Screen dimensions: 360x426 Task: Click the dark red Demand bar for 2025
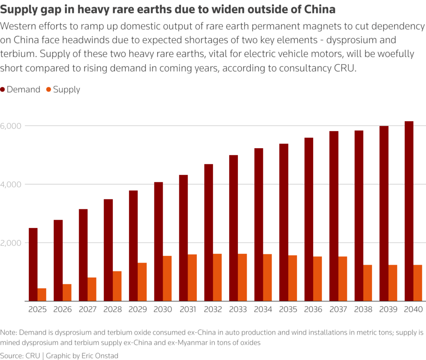(x=33, y=264)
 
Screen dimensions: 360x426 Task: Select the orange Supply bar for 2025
(x=42, y=294)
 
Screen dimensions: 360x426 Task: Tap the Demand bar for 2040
(x=409, y=211)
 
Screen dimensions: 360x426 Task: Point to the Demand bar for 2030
(x=159, y=241)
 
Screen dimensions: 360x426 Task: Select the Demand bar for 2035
(x=284, y=222)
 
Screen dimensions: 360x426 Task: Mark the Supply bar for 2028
(x=117, y=286)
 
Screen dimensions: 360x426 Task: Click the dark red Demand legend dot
(x=3, y=89)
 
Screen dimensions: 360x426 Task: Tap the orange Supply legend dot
(x=48, y=89)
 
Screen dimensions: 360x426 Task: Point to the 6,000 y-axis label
(x=12, y=126)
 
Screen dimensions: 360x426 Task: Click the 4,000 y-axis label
(x=12, y=184)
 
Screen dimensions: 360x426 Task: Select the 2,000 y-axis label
(x=12, y=243)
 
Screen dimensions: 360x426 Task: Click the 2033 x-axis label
(x=238, y=310)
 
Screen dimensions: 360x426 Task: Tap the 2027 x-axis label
(x=88, y=310)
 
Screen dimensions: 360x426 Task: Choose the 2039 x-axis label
(x=389, y=310)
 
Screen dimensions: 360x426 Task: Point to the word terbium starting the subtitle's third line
(x=17, y=54)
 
